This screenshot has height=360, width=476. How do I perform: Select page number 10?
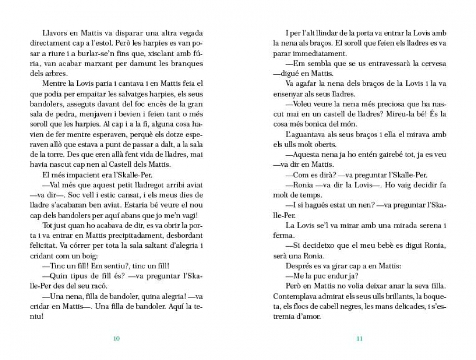[116, 339]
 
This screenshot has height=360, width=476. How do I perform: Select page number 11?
[360, 339]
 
